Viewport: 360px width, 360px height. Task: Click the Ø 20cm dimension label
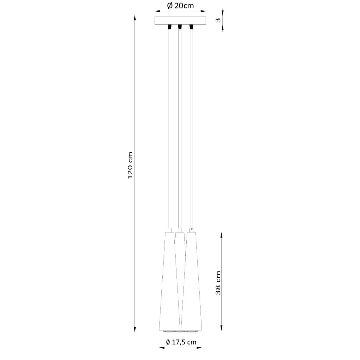tap(180, 6)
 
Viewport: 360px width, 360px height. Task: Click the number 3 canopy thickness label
tap(218, 20)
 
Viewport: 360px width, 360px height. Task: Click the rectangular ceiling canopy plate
tap(180, 20)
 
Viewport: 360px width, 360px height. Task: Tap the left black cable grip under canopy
tap(169, 27)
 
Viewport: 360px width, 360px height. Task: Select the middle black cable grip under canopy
tap(180, 27)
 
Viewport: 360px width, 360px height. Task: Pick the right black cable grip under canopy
tap(191, 27)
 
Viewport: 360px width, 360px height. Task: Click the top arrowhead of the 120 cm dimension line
tap(135, 18)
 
